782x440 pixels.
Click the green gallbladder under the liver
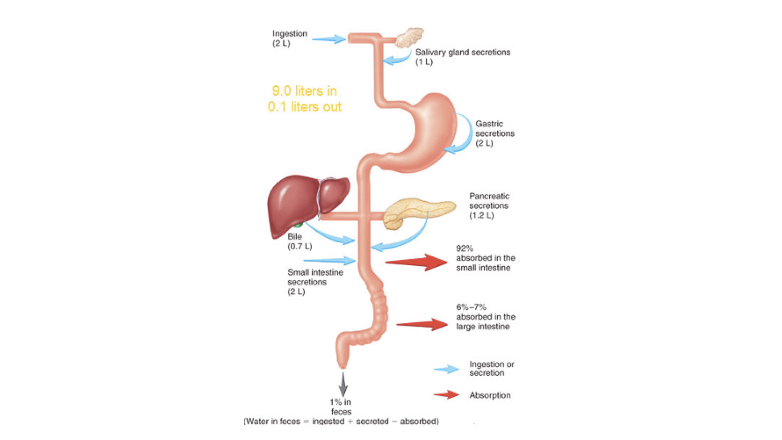[x=299, y=224]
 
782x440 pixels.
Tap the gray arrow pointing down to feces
[x=343, y=384]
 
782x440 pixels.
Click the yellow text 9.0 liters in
[x=304, y=91]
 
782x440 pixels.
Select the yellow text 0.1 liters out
[x=304, y=107]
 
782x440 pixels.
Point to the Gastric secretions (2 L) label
[x=494, y=133]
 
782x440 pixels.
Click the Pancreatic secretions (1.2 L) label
[x=489, y=206]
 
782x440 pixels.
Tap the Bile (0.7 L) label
[x=299, y=242]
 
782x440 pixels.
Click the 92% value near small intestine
[x=465, y=249]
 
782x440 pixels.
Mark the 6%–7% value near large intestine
[x=471, y=307]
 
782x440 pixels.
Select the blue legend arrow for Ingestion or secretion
[x=446, y=369]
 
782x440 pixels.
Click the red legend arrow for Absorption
[x=446, y=394]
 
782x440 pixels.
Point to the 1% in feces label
[x=340, y=407]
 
